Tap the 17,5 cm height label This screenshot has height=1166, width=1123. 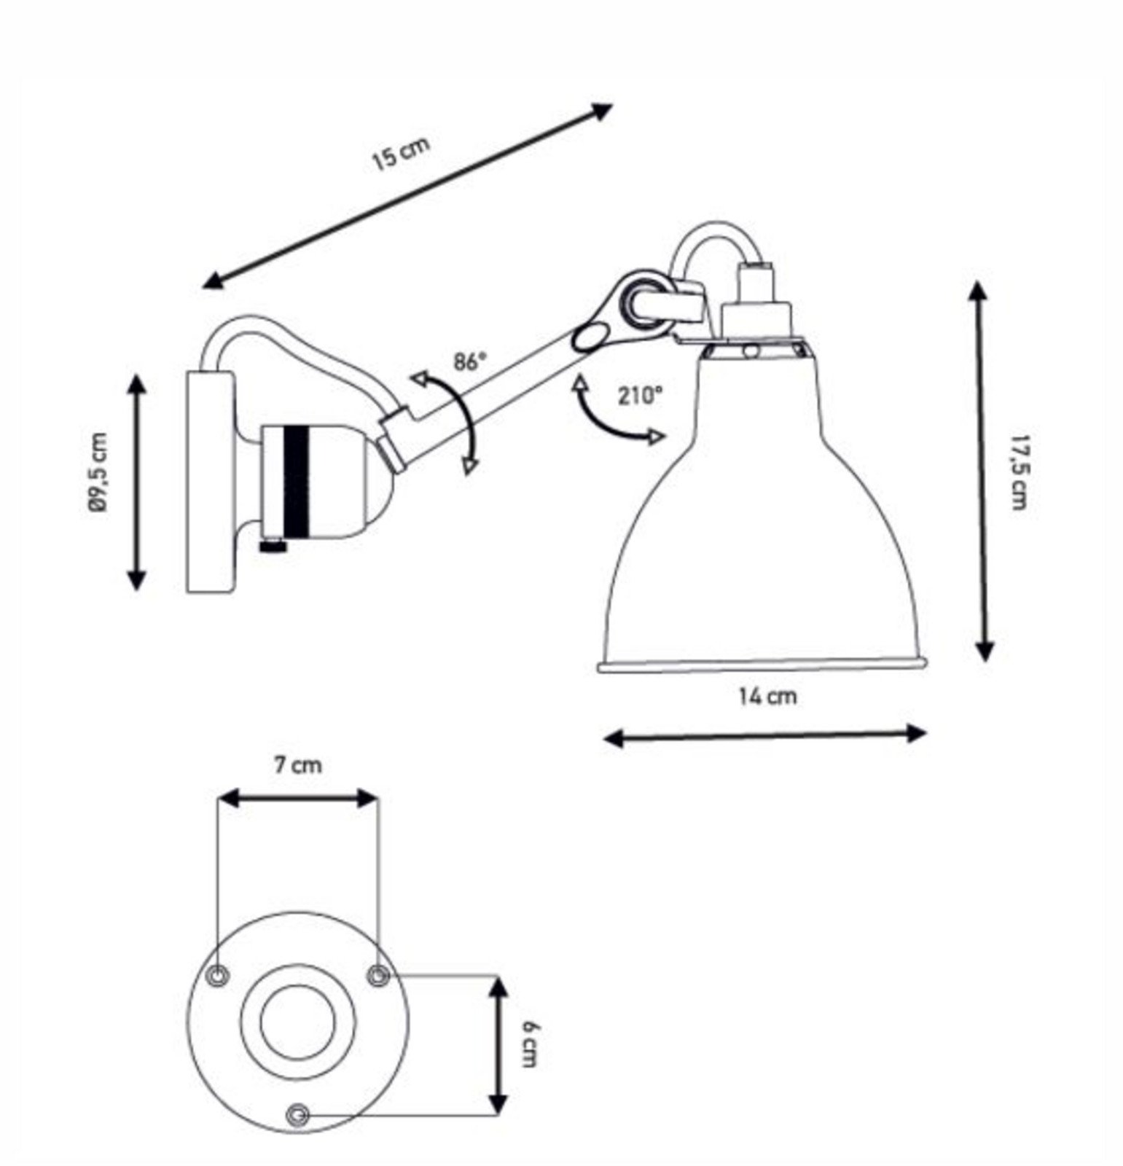1018,472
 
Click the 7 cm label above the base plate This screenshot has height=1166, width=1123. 297,765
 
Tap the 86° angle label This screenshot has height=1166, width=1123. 468,362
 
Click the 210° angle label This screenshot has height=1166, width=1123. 641,396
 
